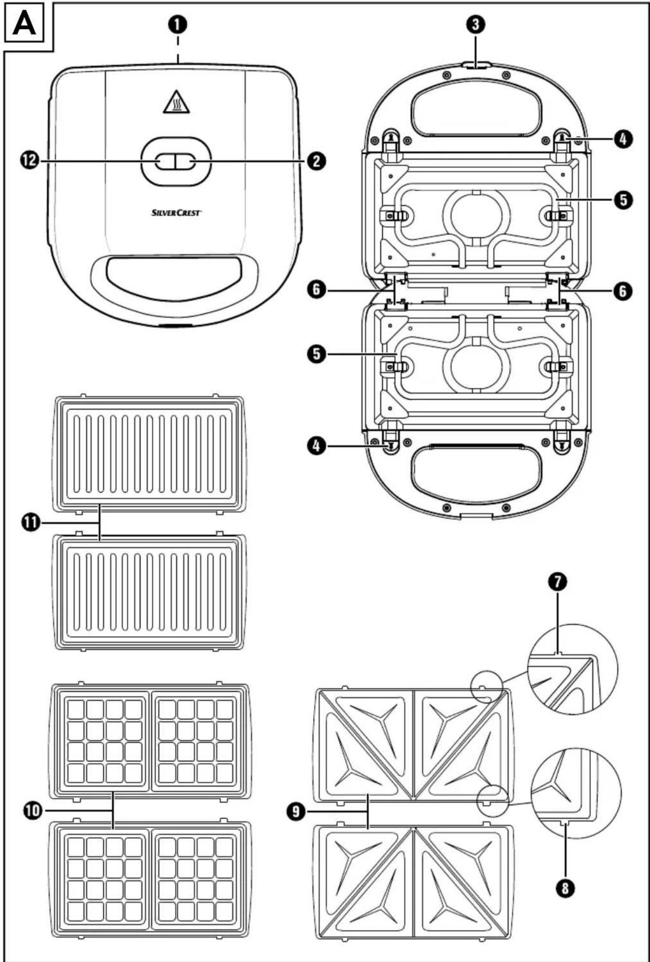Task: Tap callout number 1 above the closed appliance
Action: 178,24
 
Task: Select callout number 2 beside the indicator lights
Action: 316,161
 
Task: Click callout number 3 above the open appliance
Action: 476,24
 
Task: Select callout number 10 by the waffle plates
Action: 33,811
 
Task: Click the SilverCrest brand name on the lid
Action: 176,212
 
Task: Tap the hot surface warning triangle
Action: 176,102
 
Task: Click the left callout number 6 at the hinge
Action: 316,290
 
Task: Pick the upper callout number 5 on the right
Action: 623,199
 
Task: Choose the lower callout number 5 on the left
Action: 316,354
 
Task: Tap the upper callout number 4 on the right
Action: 623,139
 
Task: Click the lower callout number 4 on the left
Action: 316,446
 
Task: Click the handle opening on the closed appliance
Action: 174,273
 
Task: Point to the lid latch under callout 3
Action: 476,65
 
